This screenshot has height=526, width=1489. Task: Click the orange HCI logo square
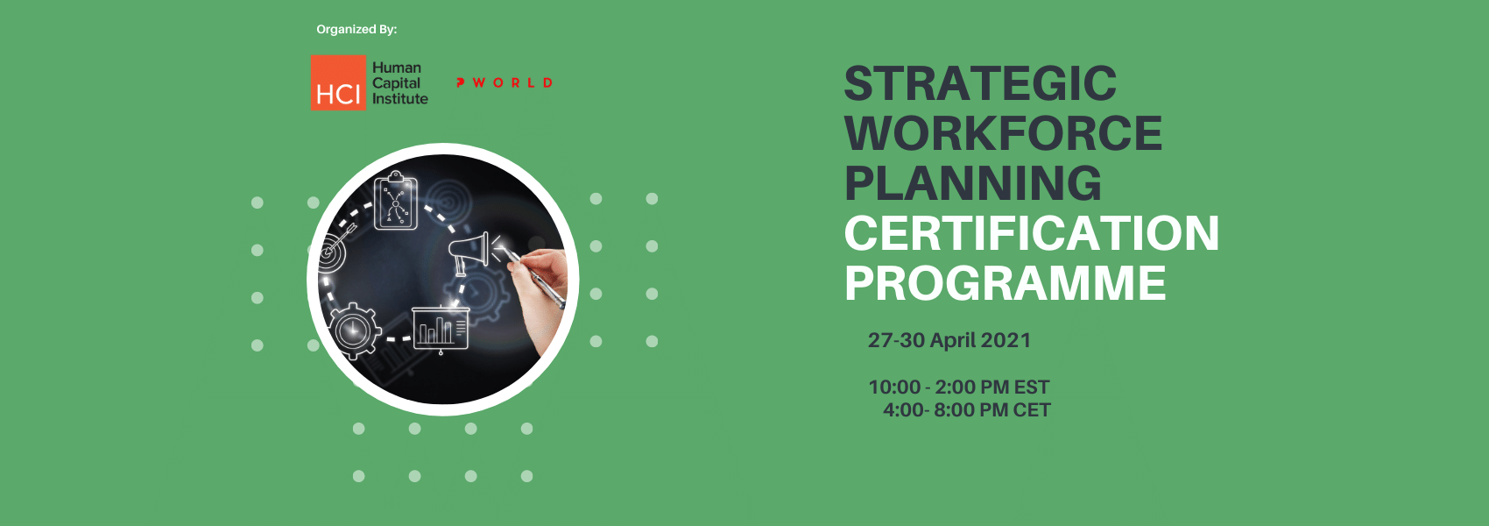coord(338,82)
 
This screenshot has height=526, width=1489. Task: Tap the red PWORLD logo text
coord(505,83)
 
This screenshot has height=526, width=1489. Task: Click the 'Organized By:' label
coord(356,29)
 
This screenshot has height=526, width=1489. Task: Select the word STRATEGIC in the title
coord(980,84)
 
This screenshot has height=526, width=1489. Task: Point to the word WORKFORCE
coord(1003,133)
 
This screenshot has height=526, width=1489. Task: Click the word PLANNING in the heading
coord(972,183)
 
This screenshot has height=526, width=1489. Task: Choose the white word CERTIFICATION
coord(1032,233)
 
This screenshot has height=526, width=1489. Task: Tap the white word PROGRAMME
coord(1006,283)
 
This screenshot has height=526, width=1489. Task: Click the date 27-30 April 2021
coord(949,340)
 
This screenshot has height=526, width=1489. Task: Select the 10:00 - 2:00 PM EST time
coord(958,387)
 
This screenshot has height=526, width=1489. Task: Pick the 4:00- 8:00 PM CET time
coord(966,410)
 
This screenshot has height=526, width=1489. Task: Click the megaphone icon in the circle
coord(470,252)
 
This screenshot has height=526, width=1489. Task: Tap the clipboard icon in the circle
coord(396,200)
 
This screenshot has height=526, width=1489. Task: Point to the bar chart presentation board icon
coord(440,330)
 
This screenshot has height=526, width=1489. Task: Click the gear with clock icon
coord(355,331)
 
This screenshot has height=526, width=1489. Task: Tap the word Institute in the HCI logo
coord(399,99)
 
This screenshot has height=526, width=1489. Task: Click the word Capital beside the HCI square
coord(396,84)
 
